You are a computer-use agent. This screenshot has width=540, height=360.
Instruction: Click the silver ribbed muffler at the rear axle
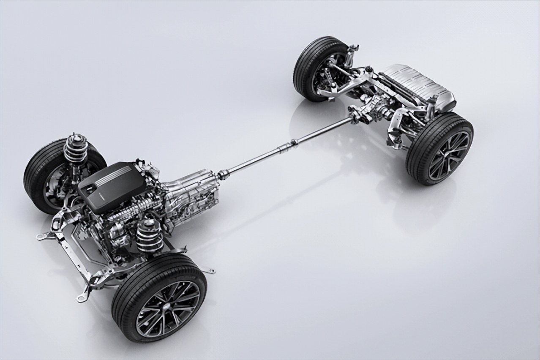point(416,87)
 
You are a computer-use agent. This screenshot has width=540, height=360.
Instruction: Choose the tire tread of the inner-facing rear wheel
point(304,68)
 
